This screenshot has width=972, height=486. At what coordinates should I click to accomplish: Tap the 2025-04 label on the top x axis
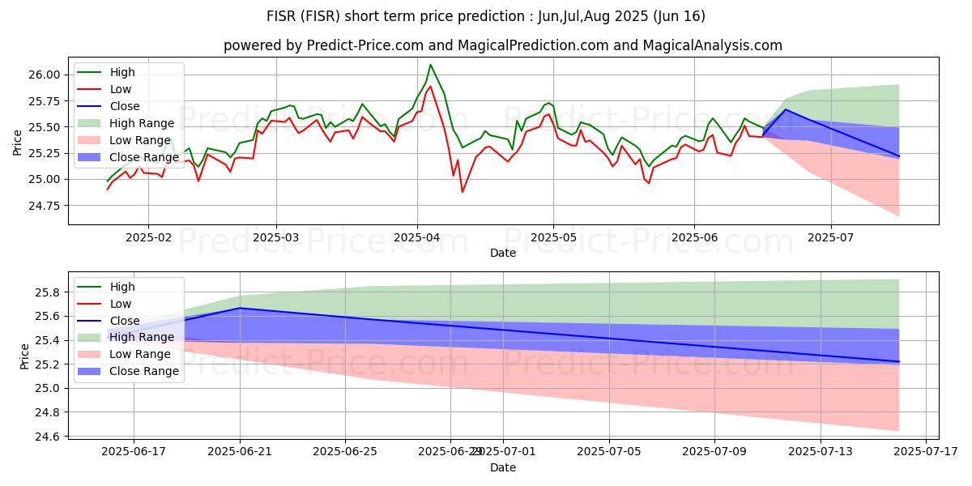click(x=417, y=238)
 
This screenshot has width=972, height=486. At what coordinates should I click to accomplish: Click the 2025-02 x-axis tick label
click(x=147, y=238)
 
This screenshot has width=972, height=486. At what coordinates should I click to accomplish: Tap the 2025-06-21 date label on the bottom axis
click(x=240, y=452)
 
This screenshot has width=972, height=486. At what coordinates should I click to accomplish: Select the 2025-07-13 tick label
click(x=820, y=452)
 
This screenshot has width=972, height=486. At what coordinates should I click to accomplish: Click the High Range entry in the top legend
click(x=142, y=123)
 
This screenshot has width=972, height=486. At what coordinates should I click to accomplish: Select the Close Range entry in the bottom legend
click(x=144, y=371)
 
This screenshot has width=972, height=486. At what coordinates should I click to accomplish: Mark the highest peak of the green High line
click(x=430, y=65)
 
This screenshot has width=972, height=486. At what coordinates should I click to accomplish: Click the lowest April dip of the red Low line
click(x=463, y=192)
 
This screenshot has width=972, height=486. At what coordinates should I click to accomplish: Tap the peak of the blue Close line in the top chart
click(x=785, y=109)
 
